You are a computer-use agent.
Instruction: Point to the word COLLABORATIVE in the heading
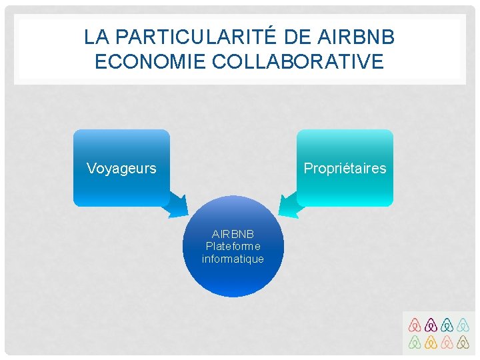tap(298, 61)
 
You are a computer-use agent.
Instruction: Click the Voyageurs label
tap(121, 168)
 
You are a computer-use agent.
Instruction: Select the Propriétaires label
tap(345, 168)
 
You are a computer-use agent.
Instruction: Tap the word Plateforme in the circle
tap(233, 247)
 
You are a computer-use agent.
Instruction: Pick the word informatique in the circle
tap(233, 259)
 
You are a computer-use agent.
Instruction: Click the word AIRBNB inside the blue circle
tap(233, 235)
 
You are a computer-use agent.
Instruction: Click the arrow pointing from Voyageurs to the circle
tap(177, 203)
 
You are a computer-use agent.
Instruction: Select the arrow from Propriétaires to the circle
tap(290, 203)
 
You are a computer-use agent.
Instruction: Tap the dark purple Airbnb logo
tap(431, 325)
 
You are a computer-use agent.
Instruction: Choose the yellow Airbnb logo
tap(431, 343)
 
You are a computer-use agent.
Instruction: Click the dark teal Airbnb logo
tap(447, 325)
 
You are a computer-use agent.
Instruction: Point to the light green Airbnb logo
tap(415, 343)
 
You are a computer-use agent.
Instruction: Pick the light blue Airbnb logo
tap(464, 325)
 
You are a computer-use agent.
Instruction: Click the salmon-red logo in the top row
tap(415, 325)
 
